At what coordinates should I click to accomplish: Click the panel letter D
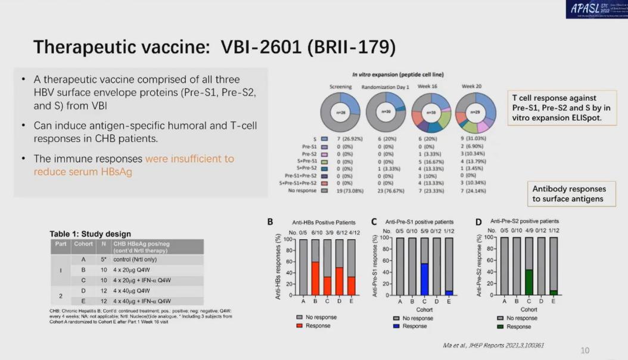click(478, 222)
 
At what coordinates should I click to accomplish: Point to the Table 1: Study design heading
click(90, 234)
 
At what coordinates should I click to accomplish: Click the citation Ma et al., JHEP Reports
click(494, 346)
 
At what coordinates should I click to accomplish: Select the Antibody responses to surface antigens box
click(569, 194)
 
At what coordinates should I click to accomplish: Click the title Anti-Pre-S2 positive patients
click(524, 221)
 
